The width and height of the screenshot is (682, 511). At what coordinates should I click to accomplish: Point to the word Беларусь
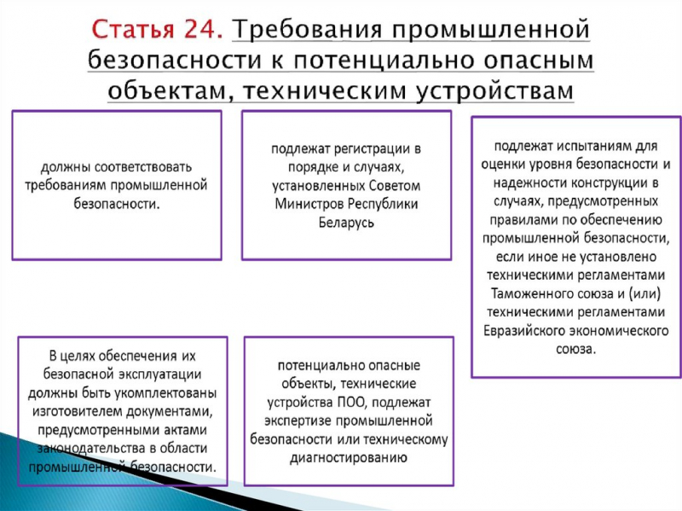[346, 222]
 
